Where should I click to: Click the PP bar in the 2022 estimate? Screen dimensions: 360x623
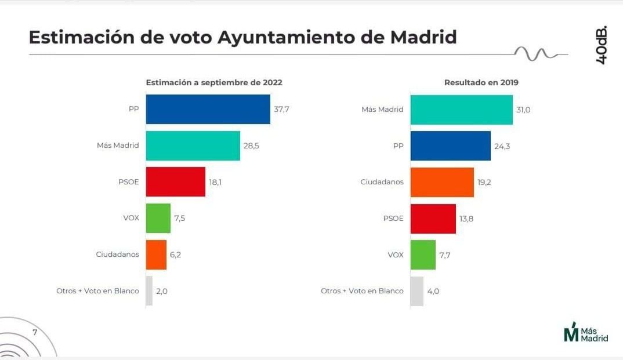point(208,109)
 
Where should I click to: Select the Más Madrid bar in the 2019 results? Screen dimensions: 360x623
point(461,110)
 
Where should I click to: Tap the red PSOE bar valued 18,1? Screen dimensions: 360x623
point(175,182)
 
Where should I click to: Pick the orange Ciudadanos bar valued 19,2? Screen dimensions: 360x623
point(441,182)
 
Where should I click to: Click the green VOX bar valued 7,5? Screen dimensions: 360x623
point(158,219)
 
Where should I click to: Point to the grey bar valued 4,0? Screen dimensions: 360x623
point(416,291)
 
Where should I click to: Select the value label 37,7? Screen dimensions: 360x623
point(281,110)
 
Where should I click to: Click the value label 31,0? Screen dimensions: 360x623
point(523,110)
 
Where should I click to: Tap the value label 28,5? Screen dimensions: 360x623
point(251,146)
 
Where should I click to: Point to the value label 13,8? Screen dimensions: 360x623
point(466,219)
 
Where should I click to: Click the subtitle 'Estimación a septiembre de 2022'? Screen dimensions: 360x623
point(213,82)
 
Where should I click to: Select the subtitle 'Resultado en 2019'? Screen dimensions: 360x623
point(481,82)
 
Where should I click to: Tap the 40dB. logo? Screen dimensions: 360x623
point(602,45)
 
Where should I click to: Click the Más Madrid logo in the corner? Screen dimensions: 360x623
point(586,333)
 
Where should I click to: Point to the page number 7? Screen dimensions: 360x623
point(35,333)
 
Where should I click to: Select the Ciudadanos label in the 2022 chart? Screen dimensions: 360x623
point(117,254)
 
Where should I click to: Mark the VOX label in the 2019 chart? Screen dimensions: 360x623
point(395,254)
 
